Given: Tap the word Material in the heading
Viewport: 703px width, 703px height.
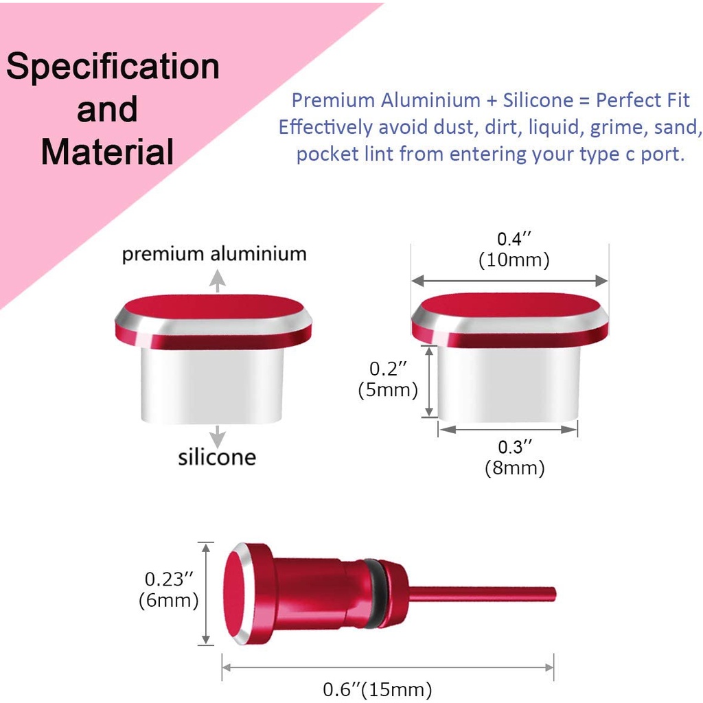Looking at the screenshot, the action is click(x=107, y=152).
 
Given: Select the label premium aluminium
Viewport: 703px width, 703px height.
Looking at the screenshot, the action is click(x=214, y=254).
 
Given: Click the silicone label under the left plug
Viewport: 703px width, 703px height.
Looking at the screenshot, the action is click(x=217, y=457).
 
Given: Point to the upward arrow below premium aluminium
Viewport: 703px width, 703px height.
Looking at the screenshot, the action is click(x=218, y=281).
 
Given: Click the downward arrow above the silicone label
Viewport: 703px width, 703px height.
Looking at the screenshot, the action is click(x=218, y=436).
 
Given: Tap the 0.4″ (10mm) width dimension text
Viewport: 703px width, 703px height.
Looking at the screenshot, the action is click(x=514, y=249).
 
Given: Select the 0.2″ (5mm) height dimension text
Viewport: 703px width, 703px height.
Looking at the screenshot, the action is click(x=388, y=379).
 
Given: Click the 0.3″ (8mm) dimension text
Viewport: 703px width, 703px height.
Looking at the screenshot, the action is click(x=515, y=457).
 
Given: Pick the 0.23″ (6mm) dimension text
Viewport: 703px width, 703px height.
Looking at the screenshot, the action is click(x=169, y=590).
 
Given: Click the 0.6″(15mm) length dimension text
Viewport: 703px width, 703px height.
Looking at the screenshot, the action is click(x=378, y=689).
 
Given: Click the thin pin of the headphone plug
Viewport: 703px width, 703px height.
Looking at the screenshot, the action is click(x=482, y=594).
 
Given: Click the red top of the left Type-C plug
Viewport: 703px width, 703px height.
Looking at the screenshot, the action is click(x=214, y=308).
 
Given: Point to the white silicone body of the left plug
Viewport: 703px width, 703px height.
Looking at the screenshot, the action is click(x=212, y=386).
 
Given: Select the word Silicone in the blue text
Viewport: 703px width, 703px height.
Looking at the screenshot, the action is click(x=538, y=100).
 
